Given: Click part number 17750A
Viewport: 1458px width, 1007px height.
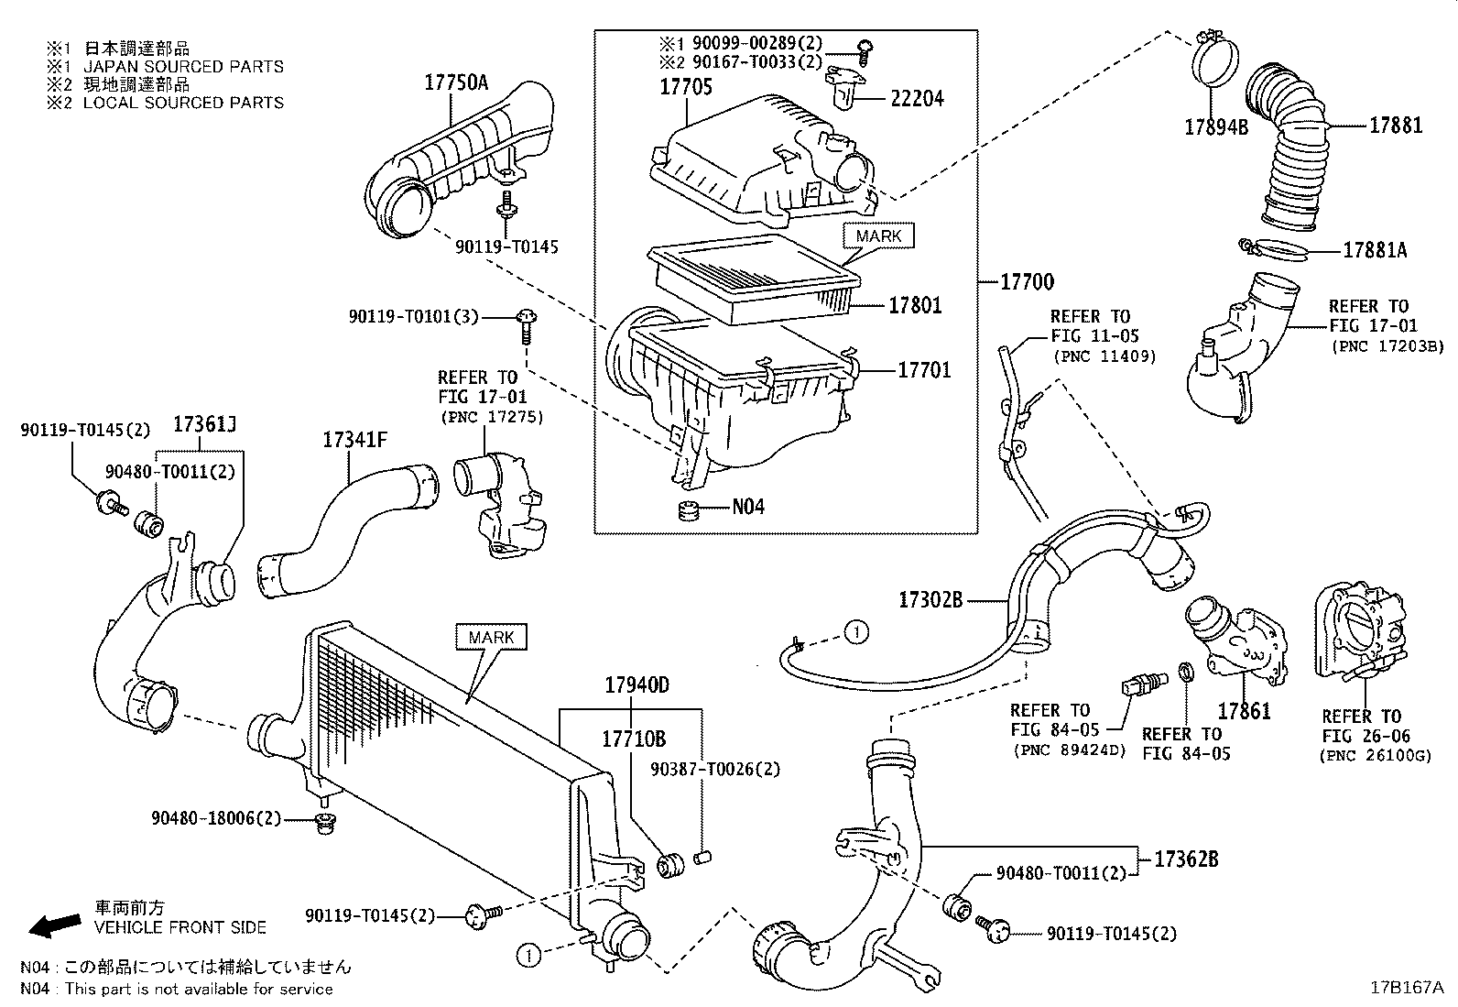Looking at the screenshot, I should [455, 82].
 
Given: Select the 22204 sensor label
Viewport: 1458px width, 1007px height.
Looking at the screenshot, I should [916, 98].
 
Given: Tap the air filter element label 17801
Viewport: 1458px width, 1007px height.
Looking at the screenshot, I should [914, 305].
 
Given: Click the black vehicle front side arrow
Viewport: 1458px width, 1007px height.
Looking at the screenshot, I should [53, 925].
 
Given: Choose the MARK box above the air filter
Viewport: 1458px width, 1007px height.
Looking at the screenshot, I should [877, 236].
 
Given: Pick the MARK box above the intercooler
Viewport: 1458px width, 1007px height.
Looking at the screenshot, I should [491, 637].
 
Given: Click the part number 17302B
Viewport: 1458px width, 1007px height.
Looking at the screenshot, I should [930, 600].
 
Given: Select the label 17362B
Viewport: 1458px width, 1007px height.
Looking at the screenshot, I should [1185, 859].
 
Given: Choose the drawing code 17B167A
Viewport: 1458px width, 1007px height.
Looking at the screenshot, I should [1406, 988].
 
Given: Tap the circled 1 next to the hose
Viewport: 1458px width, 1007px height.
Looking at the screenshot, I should [854, 631].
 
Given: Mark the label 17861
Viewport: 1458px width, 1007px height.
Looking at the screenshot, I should [1244, 710].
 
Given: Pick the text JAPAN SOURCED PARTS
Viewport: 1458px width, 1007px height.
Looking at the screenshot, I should [183, 67].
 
